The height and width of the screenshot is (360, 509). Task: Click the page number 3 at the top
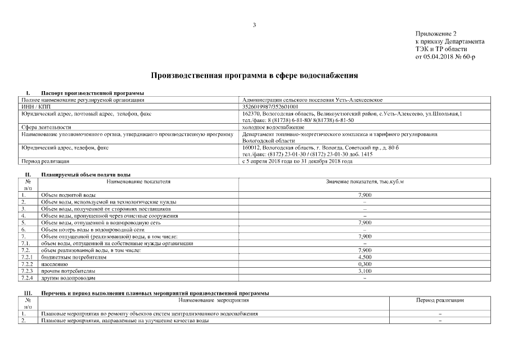coord(254,25)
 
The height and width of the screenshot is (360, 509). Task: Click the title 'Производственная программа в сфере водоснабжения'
coord(254,75)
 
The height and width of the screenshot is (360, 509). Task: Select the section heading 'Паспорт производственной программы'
coord(93,93)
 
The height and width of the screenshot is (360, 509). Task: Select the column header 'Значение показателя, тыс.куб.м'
coord(364,182)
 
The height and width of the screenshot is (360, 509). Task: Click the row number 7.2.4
coord(28,278)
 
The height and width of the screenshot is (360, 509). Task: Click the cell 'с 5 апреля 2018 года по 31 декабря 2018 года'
coord(296,162)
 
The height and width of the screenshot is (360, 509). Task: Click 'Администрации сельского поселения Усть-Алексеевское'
coord(312,100)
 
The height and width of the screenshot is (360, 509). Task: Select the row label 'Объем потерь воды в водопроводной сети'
coord(93,229)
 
